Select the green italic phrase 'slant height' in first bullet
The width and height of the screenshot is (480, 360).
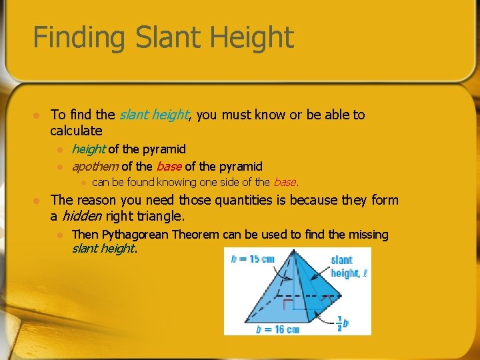[154, 115]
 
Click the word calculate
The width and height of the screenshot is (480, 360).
[76, 131]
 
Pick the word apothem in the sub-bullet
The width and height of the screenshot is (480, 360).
[95, 166]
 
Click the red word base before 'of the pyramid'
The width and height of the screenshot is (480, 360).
[169, 166]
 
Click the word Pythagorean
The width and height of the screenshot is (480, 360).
[137, 234]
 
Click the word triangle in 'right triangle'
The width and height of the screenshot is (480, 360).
[159, 216]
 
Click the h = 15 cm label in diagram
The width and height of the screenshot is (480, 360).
[253, 259]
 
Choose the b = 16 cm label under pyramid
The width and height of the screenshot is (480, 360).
[279, 329]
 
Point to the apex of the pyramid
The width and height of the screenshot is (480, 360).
[293, 250]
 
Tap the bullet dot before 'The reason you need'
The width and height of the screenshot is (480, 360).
[38, 200]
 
